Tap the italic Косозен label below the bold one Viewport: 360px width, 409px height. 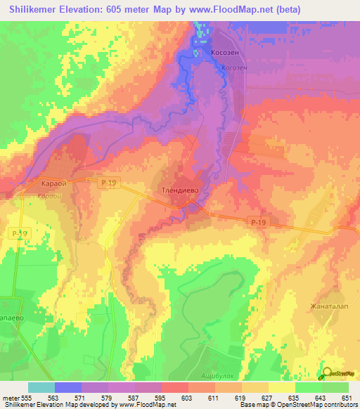232,67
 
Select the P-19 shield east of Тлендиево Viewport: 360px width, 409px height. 259,222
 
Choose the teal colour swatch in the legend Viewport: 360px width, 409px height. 41,387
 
